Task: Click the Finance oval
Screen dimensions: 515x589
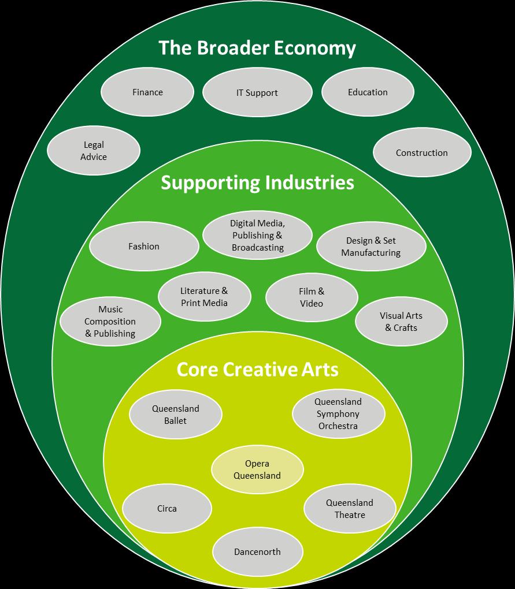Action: tap(147, 92)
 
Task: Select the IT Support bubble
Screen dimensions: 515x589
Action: tap(257, 92)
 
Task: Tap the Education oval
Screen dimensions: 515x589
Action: tap(368, 92)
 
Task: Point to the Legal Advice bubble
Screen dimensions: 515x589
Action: tap(94, 151)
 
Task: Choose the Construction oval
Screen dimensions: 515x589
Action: tap(422, 153)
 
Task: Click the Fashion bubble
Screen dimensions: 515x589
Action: tap(144, 247)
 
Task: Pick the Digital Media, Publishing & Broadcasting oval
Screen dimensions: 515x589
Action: tap(258, 235)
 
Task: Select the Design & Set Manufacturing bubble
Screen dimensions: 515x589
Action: tap(371, 247)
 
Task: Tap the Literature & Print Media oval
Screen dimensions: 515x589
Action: tap(205, 297)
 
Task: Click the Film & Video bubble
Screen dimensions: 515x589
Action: tap(312, 297)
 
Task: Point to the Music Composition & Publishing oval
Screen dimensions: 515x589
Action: tap(110, 322)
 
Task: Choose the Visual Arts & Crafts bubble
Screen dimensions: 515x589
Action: tap(401, 322)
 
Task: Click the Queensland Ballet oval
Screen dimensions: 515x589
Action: tap(176, 415)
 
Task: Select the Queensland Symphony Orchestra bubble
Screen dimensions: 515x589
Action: tap(338, 414)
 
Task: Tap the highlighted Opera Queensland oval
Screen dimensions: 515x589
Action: tap(257, 470)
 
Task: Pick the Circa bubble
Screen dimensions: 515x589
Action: tap(167, 509)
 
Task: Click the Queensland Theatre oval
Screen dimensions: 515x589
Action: tap(350, 509)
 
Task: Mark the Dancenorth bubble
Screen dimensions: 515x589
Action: tap(257, 552)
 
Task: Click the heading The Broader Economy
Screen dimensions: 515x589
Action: tap(257, 48)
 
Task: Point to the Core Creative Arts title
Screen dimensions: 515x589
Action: tap(257, 370)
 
